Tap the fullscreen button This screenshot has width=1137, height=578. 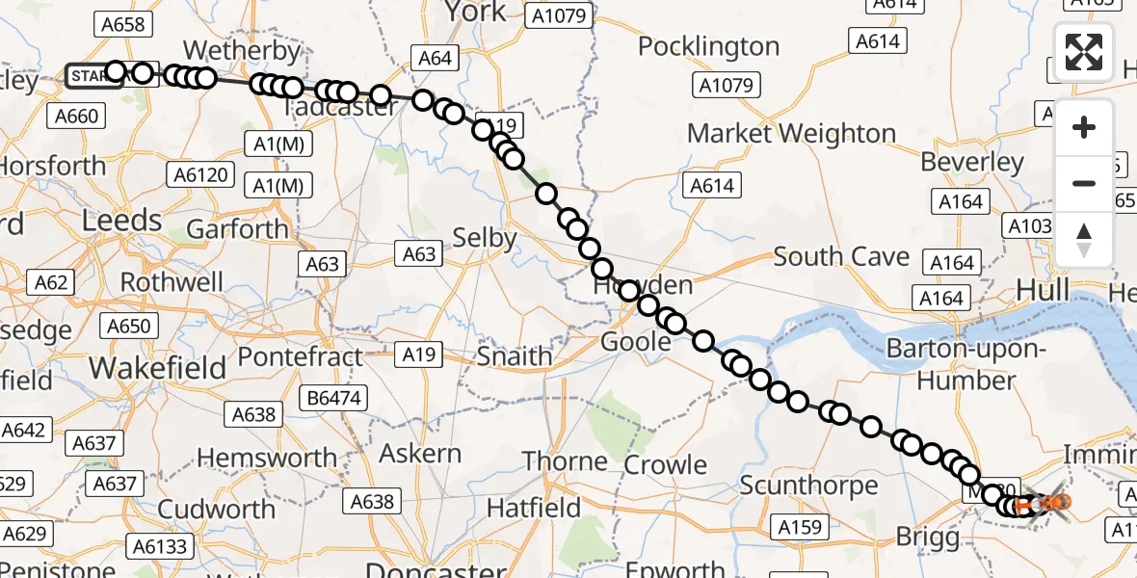pyautogui.click(x=1084, y=52)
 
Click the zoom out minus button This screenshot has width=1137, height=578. pyautogui.click(x=1084, y=183)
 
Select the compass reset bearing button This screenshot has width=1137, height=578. pyautogui.click(x=1084, y=239)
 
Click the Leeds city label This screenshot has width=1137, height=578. pyautogui.click(x=121, y=221)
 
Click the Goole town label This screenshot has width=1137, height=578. pyautogui.click(x=636, y=342)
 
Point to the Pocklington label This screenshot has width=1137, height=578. pyautogui.click(x=708, y=46)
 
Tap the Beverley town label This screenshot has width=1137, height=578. pyautogui.click(x=972, y=162)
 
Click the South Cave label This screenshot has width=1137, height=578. pyautogui.click(x=841, y=257)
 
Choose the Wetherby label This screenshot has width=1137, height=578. pyautogui.click(x=230, y=49)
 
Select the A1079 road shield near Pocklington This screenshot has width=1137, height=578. pyautogui.click(x=726, y=86)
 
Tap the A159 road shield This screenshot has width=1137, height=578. pyautogui.click(x=798, y=527)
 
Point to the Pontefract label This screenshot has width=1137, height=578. pyautogui.click(x=300, y=356)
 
